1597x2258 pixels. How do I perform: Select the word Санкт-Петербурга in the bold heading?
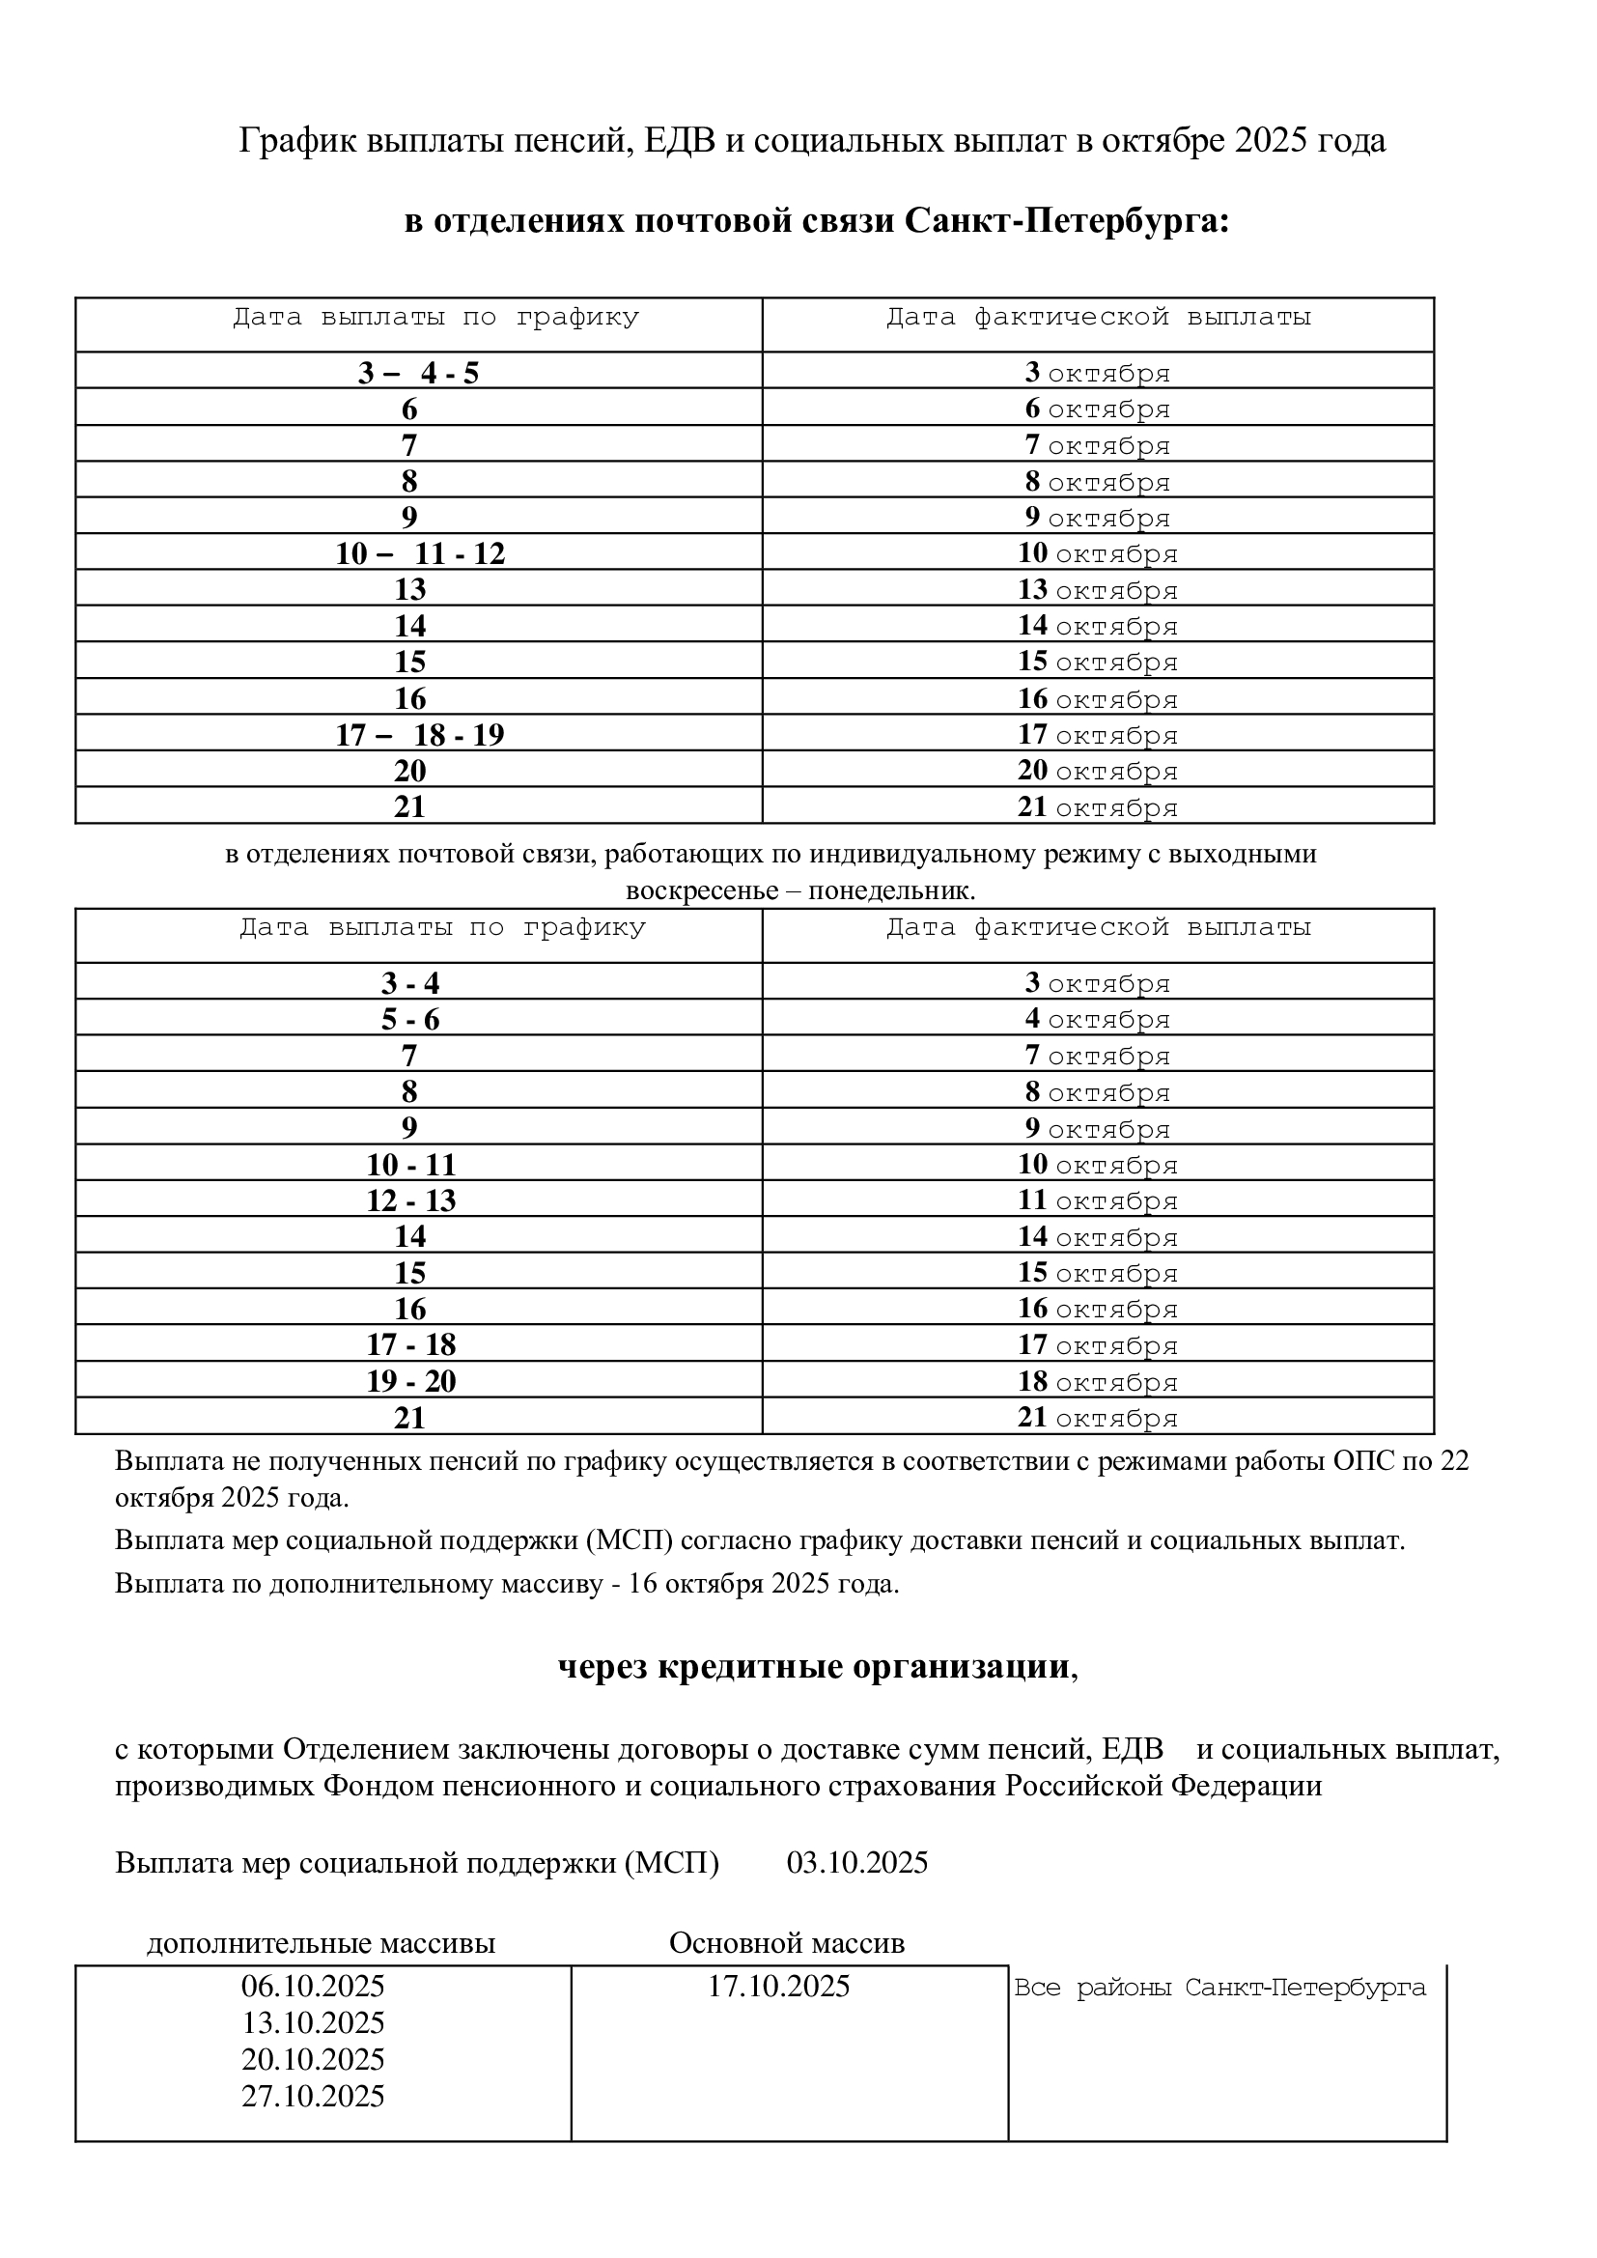1066,221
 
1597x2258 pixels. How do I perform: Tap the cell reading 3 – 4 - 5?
418,373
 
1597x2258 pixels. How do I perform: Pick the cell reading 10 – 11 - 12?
420,553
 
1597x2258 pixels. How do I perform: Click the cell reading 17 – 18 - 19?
420,735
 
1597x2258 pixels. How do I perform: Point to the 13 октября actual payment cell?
1098,589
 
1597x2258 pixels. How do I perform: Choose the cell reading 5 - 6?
410,1020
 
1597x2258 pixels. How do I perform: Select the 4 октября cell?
1098,1019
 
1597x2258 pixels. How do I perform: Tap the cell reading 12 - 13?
411,1200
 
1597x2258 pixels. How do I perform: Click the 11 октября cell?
1098,1200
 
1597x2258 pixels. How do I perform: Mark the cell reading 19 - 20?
411,1382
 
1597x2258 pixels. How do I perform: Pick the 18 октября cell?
1098,1381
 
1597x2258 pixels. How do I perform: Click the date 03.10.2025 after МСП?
856,1863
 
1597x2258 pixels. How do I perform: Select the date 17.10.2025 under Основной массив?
779,1987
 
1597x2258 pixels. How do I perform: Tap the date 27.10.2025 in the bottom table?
313,2096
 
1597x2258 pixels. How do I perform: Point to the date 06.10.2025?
313,1987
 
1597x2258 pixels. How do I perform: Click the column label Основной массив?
787,1943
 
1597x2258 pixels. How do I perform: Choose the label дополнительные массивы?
321,1944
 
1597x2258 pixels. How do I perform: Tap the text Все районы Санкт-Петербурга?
1219,1988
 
